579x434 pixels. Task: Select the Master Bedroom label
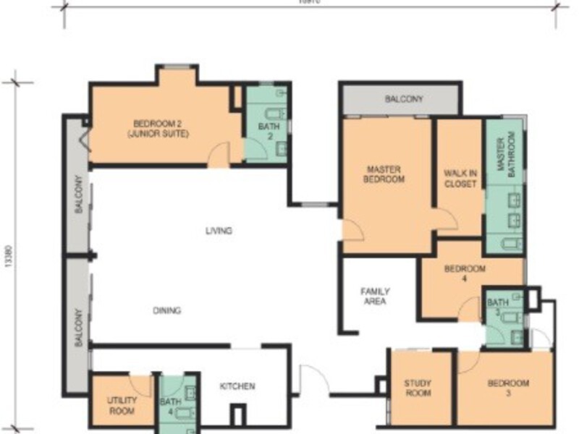point(385,174)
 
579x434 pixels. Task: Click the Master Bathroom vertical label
point(504,151)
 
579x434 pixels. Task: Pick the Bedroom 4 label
point(465,273)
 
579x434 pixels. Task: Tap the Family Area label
point(375,297)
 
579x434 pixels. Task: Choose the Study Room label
point(418,388)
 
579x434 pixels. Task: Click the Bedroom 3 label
point(507,388)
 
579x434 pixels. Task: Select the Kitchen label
point(237,386)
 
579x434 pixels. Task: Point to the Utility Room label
point(121,405)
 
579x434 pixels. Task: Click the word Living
point(219,231)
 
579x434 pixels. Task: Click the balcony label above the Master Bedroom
point(403,99)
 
